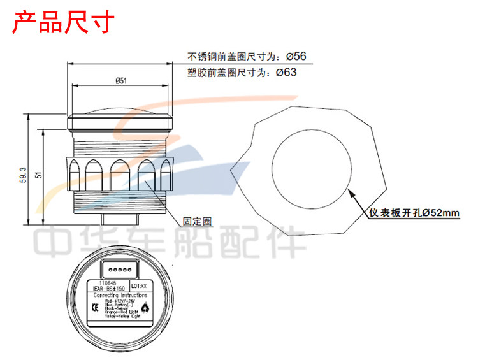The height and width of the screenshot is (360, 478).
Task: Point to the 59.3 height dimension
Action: tap(24, 173)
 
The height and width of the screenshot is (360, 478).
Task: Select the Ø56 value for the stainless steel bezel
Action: tap(296, 56)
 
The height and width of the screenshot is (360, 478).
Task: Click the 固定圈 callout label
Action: tap(197, 221)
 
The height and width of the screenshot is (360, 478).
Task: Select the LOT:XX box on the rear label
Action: tap(139, 287)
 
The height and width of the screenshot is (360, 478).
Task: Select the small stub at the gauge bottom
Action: tap(120, 217)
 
